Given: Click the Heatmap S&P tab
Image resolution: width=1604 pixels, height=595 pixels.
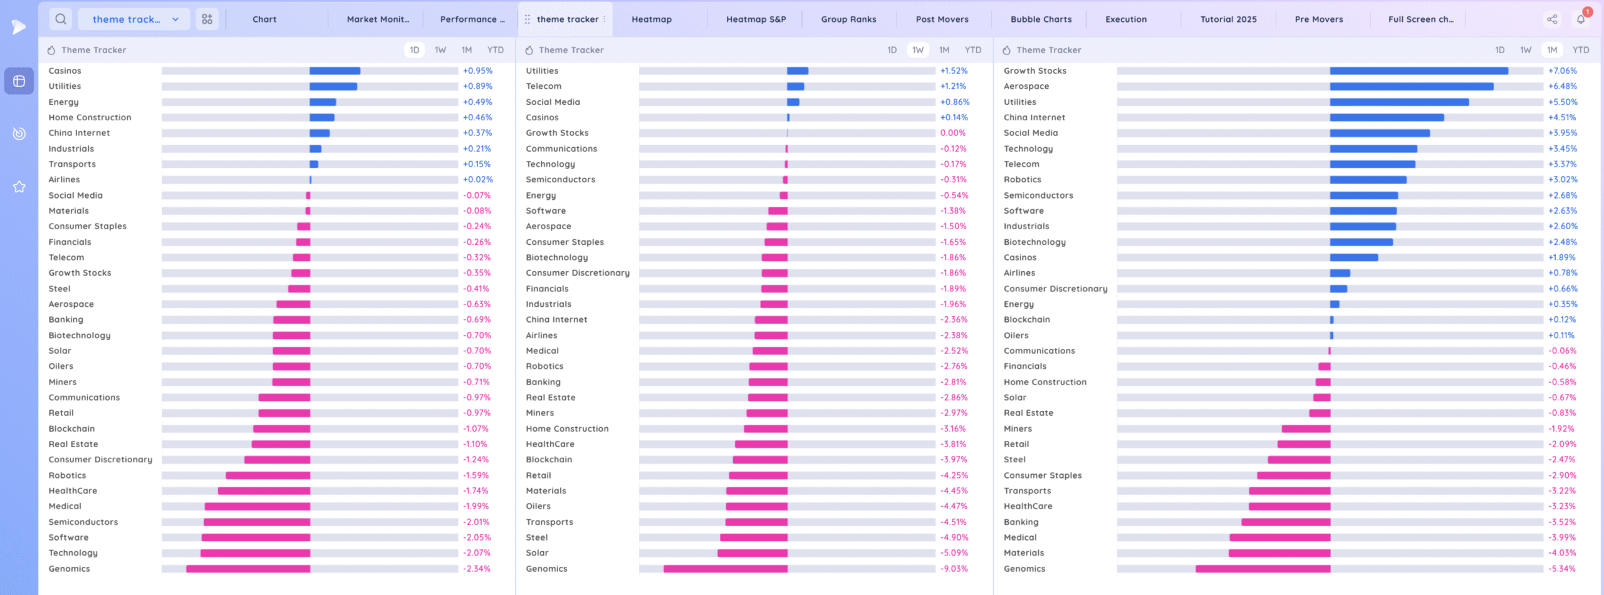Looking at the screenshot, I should (756, 19).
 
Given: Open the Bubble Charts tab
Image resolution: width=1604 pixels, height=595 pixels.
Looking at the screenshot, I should (1041, 19).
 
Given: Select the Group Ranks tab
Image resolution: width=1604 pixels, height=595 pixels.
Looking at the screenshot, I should (848, 19).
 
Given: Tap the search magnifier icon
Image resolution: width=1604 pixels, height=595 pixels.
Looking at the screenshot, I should (61, 19).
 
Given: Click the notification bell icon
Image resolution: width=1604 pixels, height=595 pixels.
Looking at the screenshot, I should (1581, 19).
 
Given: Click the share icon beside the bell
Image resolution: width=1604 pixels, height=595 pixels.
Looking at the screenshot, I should (1552, 19).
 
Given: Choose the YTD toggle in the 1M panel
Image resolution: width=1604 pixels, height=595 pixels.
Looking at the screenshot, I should (1581, 50).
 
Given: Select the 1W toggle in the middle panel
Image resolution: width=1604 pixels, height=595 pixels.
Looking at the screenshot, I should (918, 50).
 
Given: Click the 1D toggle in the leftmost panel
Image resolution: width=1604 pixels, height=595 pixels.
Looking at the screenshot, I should (414, 50).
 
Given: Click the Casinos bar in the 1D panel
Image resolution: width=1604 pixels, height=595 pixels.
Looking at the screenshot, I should (335, 71).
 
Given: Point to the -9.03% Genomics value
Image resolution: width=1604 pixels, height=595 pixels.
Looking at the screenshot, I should (954, 569).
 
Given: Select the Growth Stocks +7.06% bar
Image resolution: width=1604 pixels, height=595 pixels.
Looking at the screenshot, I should (1419, 71).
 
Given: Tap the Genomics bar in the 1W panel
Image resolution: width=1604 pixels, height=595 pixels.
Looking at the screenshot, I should (726, 569).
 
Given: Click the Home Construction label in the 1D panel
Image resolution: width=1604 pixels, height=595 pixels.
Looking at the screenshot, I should (90, 117).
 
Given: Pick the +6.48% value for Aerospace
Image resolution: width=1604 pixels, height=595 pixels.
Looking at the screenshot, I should (1562, 86).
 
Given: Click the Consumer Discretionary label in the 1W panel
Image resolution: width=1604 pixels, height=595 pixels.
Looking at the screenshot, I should (577, 273).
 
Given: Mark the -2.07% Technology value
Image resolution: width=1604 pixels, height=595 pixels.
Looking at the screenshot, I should (476, 553).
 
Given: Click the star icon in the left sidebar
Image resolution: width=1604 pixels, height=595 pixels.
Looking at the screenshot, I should (19, 187).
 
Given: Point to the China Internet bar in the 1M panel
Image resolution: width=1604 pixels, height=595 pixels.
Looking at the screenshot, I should (1387, 117).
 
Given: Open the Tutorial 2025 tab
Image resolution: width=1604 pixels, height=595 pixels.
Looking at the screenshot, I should (1228, 19).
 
